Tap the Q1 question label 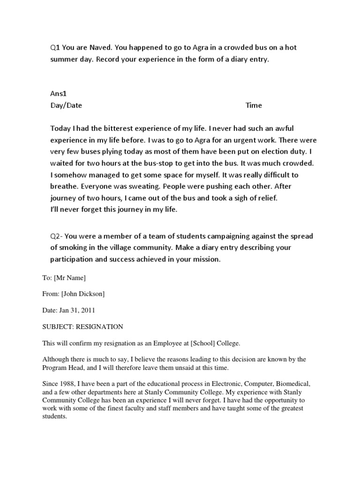[x=55, y=48]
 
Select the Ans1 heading [x=59, y=93]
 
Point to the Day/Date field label [x=66, y=105]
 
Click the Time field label [x=254, y=105]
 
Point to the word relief [x=266, y=198]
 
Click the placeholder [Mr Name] [x=70, y=278]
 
